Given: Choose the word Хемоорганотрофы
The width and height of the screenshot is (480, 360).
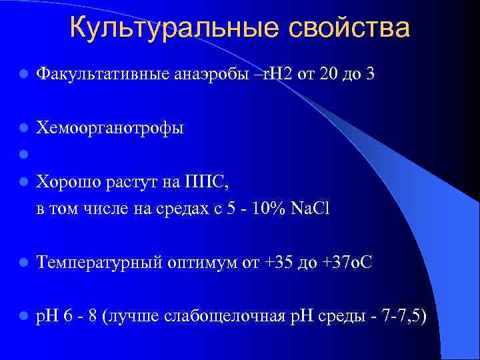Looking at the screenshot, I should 110,127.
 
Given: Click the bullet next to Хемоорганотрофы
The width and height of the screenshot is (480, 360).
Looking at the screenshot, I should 23,127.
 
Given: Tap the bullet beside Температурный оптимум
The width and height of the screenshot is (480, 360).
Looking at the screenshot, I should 23,263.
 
